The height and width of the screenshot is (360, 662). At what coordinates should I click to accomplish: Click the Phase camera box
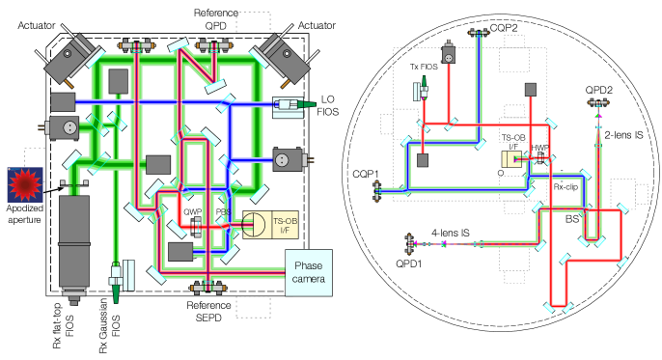pos(309,272)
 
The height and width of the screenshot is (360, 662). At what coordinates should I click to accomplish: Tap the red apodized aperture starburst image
pos(25,184)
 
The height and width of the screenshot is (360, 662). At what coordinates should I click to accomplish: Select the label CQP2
pos(504,28)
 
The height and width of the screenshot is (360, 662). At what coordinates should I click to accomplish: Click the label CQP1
pos(366,175)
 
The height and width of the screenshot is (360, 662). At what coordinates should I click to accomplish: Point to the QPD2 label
pos(598,90)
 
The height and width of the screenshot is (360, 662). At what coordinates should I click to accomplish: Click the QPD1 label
pos(409,263)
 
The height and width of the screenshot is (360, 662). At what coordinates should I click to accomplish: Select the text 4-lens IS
pos(450,233)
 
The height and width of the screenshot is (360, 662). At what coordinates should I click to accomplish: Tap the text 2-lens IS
pos(623,135)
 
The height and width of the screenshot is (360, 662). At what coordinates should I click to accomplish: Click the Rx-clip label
pos(565,186)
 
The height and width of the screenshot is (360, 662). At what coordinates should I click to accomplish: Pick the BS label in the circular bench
pos(571,219)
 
